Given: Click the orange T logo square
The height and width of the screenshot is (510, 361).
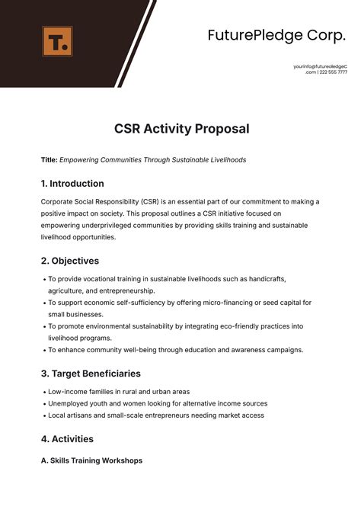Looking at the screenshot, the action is point(58,41).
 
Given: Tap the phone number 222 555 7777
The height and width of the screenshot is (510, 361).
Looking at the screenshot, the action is point(333,72).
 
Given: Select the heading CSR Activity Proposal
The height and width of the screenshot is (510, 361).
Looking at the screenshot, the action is point(180,129).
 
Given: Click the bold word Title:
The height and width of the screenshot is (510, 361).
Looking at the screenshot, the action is point(49,160).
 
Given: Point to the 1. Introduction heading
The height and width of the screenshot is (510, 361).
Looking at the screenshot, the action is point(72,184).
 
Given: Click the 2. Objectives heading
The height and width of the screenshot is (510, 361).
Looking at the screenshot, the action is point(70,261).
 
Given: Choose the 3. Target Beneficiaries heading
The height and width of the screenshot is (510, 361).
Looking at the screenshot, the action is point(91,374).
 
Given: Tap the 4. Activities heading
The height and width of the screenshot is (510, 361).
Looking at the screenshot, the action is point(67,439).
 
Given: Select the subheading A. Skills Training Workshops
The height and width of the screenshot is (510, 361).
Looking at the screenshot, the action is point(91,461).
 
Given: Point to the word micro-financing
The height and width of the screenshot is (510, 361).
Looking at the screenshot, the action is point(217,303).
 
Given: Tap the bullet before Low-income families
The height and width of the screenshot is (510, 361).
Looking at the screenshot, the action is point(43,391).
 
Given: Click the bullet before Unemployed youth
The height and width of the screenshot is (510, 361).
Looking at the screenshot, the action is point(43,403).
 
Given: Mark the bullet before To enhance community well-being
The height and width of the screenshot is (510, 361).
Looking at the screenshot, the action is point(43,350).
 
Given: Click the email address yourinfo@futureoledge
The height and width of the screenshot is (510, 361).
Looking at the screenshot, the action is point(319,66).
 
